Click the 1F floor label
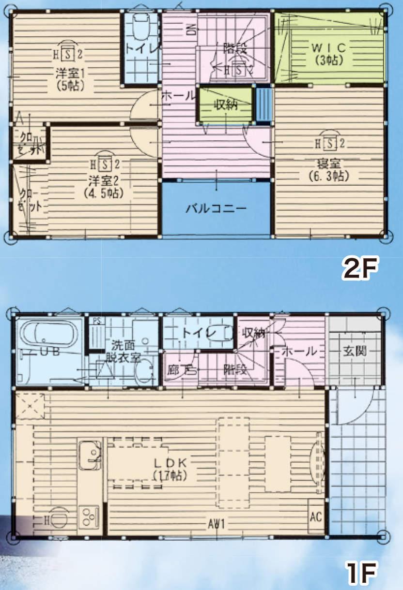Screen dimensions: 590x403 (361, 573)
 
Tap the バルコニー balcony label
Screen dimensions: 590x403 (217, 209)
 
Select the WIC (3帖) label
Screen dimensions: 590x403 (328, 54)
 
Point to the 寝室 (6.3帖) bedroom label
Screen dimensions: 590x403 (329, 170)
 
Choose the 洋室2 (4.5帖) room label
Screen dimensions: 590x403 (104, 186)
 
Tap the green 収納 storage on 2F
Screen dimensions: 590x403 (227, 105)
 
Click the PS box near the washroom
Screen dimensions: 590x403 (96, 320)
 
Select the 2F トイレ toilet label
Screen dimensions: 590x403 (139, 48)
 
